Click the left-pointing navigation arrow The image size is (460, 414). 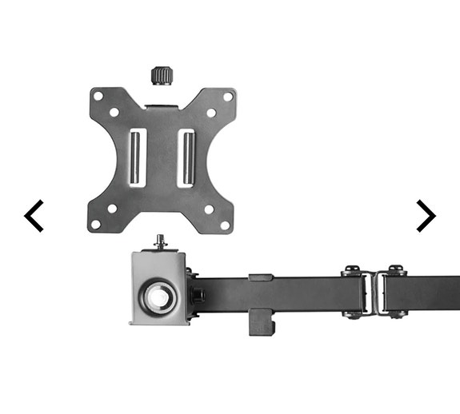34,216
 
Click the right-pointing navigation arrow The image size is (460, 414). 426,216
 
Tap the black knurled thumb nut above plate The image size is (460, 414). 162,76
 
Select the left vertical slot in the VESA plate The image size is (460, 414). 137,157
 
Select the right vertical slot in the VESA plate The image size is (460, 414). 187,157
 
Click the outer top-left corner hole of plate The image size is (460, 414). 98,96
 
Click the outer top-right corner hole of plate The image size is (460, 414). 227,96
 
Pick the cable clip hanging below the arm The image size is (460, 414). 261,324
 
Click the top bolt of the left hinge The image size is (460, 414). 353,271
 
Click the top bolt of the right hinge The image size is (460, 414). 396,271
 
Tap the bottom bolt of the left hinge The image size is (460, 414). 353,313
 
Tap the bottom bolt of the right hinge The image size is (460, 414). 396,313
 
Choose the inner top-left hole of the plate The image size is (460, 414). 114,113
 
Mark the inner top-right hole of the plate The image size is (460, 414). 210,113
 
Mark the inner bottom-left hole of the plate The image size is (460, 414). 113,209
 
